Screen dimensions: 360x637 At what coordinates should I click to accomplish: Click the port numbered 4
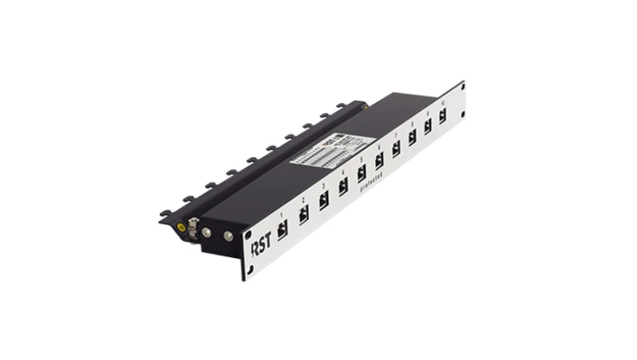point(343,188)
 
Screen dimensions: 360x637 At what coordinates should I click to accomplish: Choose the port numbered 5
point(362,174)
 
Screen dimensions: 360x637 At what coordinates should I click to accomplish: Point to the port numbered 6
point(380,162)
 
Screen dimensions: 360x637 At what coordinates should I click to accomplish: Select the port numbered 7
point(396,149)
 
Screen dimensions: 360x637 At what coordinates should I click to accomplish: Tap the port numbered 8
point(411,139)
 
